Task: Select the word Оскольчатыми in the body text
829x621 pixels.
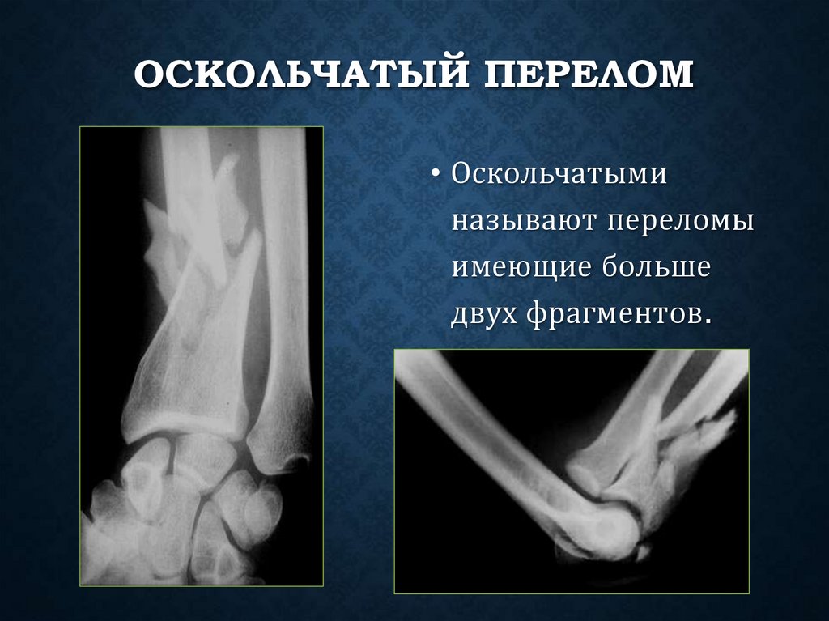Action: point(559,176)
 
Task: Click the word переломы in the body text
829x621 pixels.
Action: point(677,222)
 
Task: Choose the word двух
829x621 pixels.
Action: point(483,313)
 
